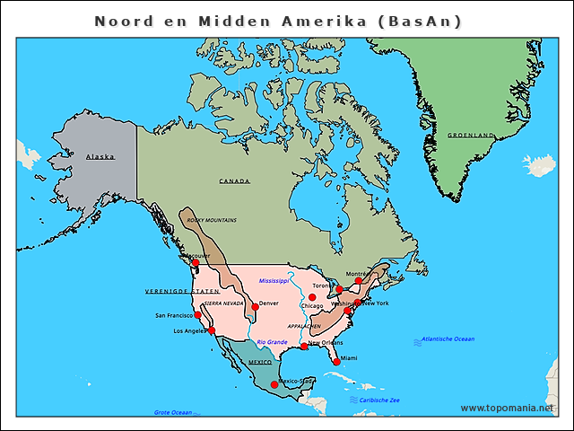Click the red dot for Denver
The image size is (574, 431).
click(255, 307)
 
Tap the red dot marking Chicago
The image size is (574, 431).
click(312, 297)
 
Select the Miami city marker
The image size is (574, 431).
click(337, 362)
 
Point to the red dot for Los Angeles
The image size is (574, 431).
click(212, 330)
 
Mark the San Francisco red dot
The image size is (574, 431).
click(197, 315)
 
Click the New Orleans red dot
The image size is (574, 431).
click(304, 347)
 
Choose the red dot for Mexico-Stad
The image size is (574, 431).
click(274, 384)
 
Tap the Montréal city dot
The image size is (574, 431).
click(359, 281)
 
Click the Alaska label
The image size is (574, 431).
click(100, 157)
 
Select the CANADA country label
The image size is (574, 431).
click(235, 181)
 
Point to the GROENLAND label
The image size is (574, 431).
click(471, 136)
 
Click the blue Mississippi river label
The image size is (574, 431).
click(274, 281)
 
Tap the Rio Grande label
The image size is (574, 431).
click(272, 342)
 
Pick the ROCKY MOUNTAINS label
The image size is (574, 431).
click(213, 219)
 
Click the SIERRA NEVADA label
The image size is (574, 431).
click(223, 303)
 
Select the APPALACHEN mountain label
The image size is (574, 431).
click(303, 326)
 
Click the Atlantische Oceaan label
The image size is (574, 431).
click(449, 339)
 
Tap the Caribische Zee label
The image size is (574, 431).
click(380, 400)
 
